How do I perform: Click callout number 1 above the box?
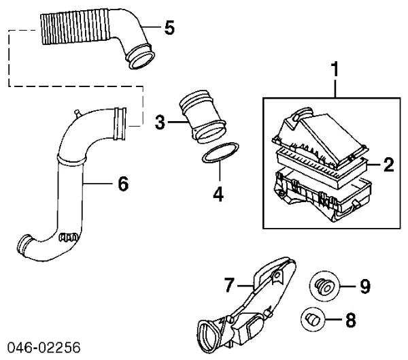coord(335,69)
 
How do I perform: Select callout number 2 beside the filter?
coord(388,164)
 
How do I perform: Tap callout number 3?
coord(160,122)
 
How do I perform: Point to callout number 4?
coord(218,193)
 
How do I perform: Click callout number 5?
coord(169,28)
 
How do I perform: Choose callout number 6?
coord(122,183)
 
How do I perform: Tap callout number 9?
coord(364,287)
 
